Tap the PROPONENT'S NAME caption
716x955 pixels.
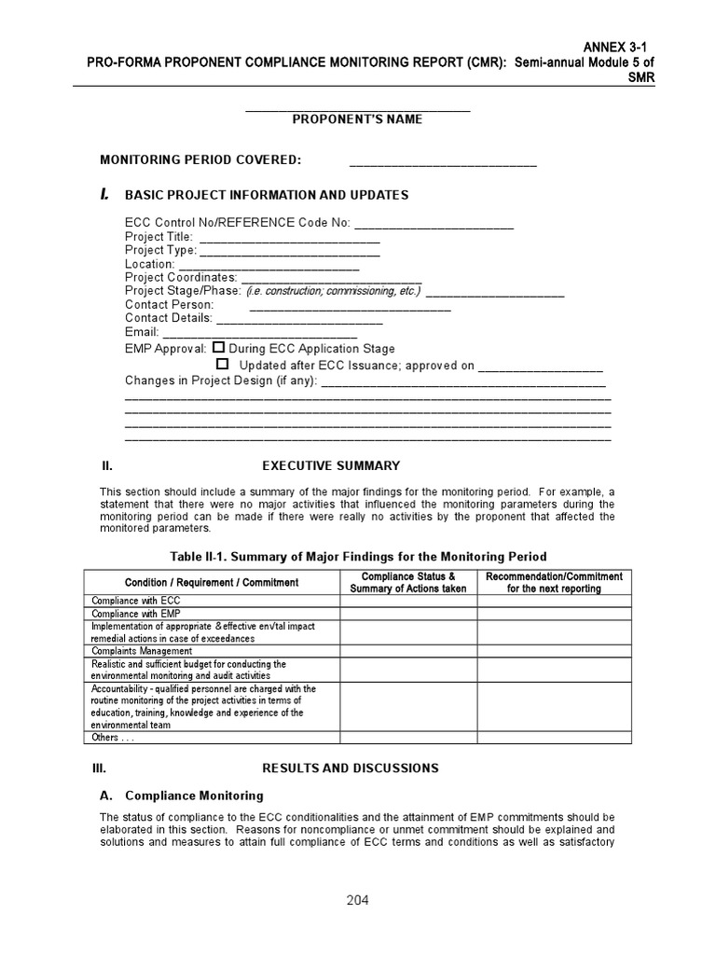click(357, 119)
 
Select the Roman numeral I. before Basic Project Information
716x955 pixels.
click(105, 194)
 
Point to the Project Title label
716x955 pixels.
click(158, 237)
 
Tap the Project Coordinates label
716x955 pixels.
click(181, 278)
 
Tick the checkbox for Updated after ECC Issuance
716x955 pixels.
click(223, 364)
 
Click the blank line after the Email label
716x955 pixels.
click(260, 332)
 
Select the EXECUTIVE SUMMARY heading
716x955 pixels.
click(331, 465)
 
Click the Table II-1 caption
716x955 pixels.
click(358, 557)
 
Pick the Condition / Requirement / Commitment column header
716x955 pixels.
click(212, 583)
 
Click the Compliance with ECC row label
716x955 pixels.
click(136, 602)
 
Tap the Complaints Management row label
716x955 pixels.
click(142, 651)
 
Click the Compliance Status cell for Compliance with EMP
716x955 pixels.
click(408, 614)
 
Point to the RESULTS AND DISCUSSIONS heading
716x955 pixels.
click(350, 768)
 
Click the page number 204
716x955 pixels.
click(357, 900)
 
